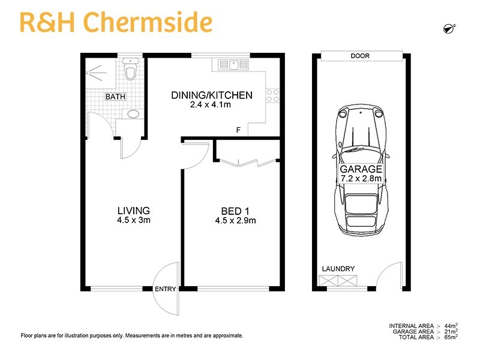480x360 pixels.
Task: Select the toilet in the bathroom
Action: (130, 71)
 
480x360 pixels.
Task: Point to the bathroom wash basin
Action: (133, 113)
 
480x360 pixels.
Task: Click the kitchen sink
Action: (229, 64)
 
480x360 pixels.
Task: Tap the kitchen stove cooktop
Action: (272, 94)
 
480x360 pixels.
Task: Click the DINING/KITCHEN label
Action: (211, 95)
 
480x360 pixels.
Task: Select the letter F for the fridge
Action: (238, 130)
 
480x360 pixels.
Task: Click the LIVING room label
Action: (133, 211)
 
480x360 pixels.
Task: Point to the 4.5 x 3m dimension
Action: (133, 220)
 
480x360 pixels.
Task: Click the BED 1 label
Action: (235, 211)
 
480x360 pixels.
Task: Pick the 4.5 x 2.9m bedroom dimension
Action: (235, 220)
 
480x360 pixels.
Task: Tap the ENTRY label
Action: (165, 289)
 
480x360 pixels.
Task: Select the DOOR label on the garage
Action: (361, 56)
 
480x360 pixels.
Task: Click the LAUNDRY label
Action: (338, 269)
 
